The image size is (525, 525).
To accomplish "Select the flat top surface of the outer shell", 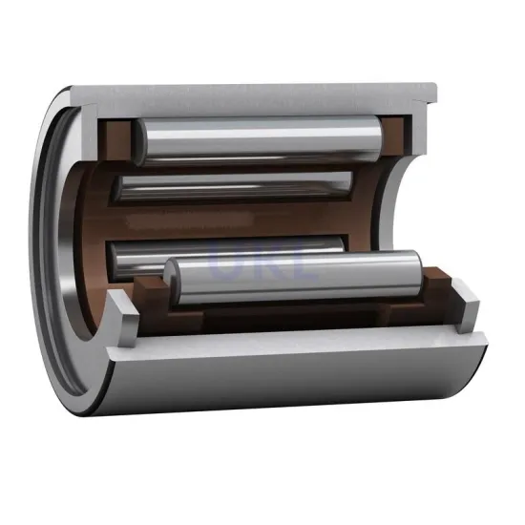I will (x=258, y=95).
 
